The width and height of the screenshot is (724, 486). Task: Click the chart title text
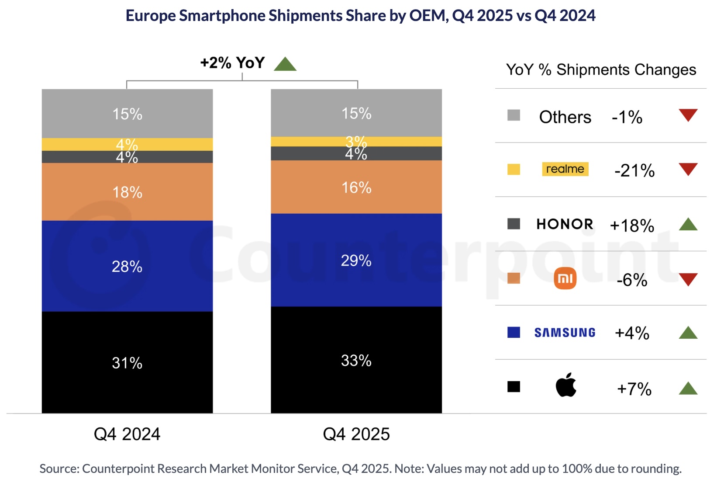pos(360,16)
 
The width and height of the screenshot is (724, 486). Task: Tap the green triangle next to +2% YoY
pos(285,65)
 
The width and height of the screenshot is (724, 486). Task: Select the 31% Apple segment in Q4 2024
pos(127,362)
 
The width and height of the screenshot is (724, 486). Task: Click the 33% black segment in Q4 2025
pos(356,360)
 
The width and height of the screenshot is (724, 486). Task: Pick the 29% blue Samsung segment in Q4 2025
pos(356,260)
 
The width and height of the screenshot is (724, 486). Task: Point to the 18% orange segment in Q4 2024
pos(127,192)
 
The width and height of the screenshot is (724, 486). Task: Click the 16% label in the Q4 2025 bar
pos(356,187)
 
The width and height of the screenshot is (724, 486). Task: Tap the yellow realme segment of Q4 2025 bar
pos(306,142)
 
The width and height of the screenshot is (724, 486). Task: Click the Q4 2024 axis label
pos(127,434)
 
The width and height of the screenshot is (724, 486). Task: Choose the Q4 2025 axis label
pos(356,434)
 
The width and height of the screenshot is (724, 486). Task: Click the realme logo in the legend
pos(565,169)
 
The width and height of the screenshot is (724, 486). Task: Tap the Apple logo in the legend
pos(566,385)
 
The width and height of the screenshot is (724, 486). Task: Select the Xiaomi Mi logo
pos(565,279)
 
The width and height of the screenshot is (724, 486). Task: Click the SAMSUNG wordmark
pos(565,333)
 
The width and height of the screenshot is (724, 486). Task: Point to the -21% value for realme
pos(634,170)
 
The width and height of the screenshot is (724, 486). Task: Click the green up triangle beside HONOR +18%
pos(688,225)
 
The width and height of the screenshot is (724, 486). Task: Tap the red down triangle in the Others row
pos(688,115)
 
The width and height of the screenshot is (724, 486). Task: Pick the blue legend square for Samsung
pos(514,332)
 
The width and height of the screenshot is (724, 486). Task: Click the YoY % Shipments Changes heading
pos(601,70)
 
